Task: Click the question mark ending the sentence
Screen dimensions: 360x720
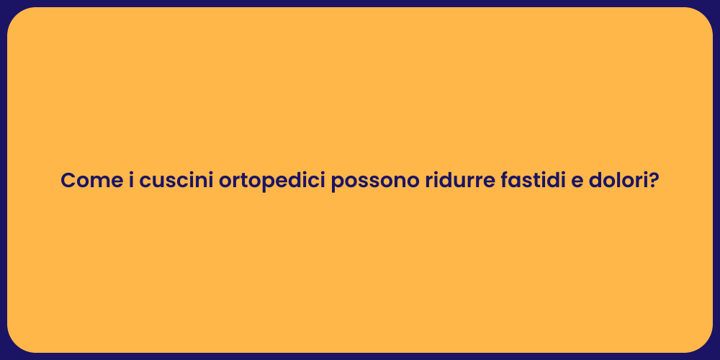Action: click(654, 181)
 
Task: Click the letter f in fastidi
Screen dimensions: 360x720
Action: click(504, 181)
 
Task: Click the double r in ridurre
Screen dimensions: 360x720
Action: click(471, 181)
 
